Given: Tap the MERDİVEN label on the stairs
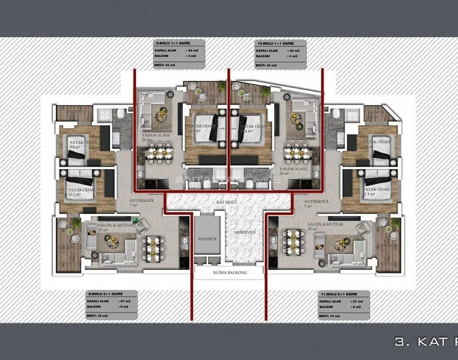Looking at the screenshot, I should tap(244, 232).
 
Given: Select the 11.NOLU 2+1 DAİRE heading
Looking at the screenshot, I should tap(337, 293).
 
